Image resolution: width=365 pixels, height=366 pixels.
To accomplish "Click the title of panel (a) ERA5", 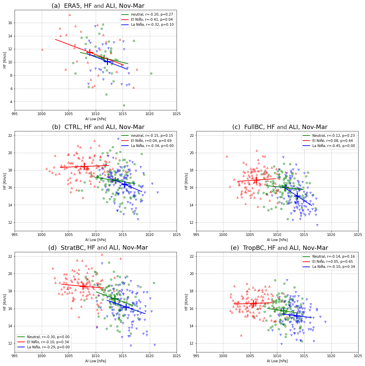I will point(98,6).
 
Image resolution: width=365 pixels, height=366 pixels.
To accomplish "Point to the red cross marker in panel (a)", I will point(90,52).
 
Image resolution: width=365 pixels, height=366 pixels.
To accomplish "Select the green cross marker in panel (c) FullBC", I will point(286,187).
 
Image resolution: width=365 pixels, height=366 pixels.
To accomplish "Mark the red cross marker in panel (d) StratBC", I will point(83,286).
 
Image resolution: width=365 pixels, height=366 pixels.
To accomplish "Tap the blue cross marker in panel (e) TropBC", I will point(296,315).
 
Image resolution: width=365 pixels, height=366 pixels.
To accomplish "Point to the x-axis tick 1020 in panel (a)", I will point(149,114).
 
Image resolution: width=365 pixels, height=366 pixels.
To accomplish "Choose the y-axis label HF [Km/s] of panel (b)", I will point(5,181).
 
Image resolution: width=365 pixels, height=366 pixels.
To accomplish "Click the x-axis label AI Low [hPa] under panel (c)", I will point(277,240).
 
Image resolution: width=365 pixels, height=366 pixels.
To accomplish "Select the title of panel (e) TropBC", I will point(279,248).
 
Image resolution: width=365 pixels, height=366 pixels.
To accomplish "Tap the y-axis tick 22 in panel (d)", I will point(10,256).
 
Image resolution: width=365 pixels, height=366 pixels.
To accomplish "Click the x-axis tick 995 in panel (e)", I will point(196,356).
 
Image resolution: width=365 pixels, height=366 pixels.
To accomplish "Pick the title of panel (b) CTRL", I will point(98,127).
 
